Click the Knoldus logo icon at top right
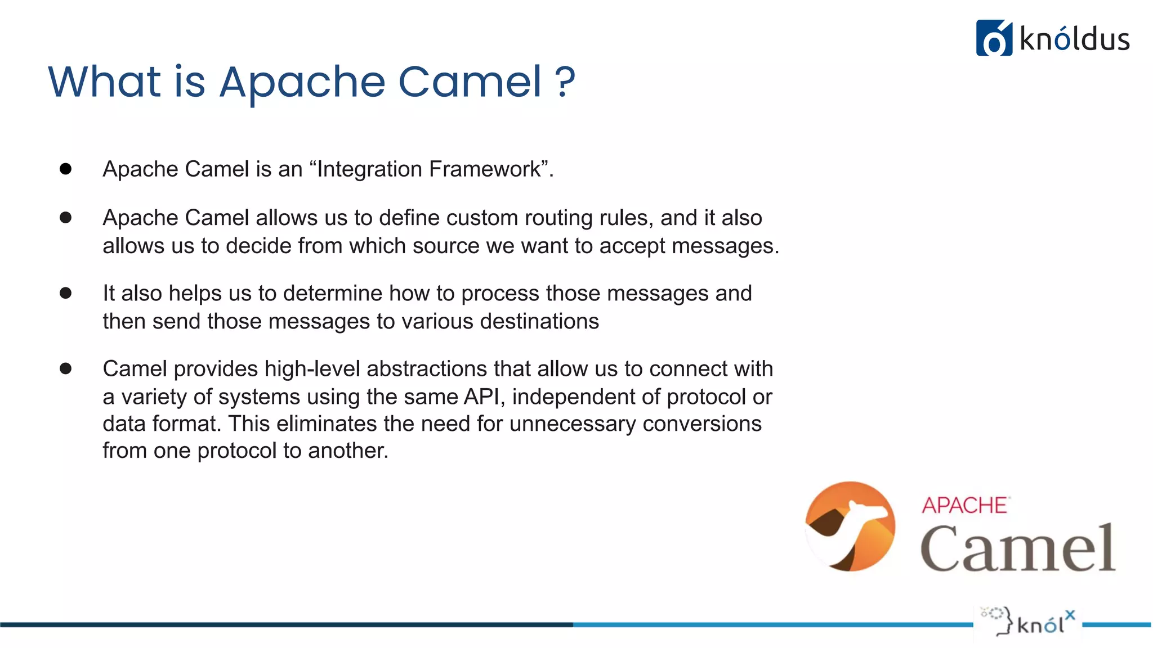[x=994, y=38]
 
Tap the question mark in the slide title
[x=565, y=82]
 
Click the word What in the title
[x=105, y=82]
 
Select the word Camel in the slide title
[x=470, y=82]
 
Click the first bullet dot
[x=66, y=169]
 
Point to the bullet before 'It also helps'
[x=66, y=293]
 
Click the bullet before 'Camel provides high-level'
[x=66, y=368]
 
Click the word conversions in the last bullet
[x=701, y=424]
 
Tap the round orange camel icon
[x=850, y=526]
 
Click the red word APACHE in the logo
[x=964, y=505]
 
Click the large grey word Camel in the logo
[x=1017, y=548]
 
